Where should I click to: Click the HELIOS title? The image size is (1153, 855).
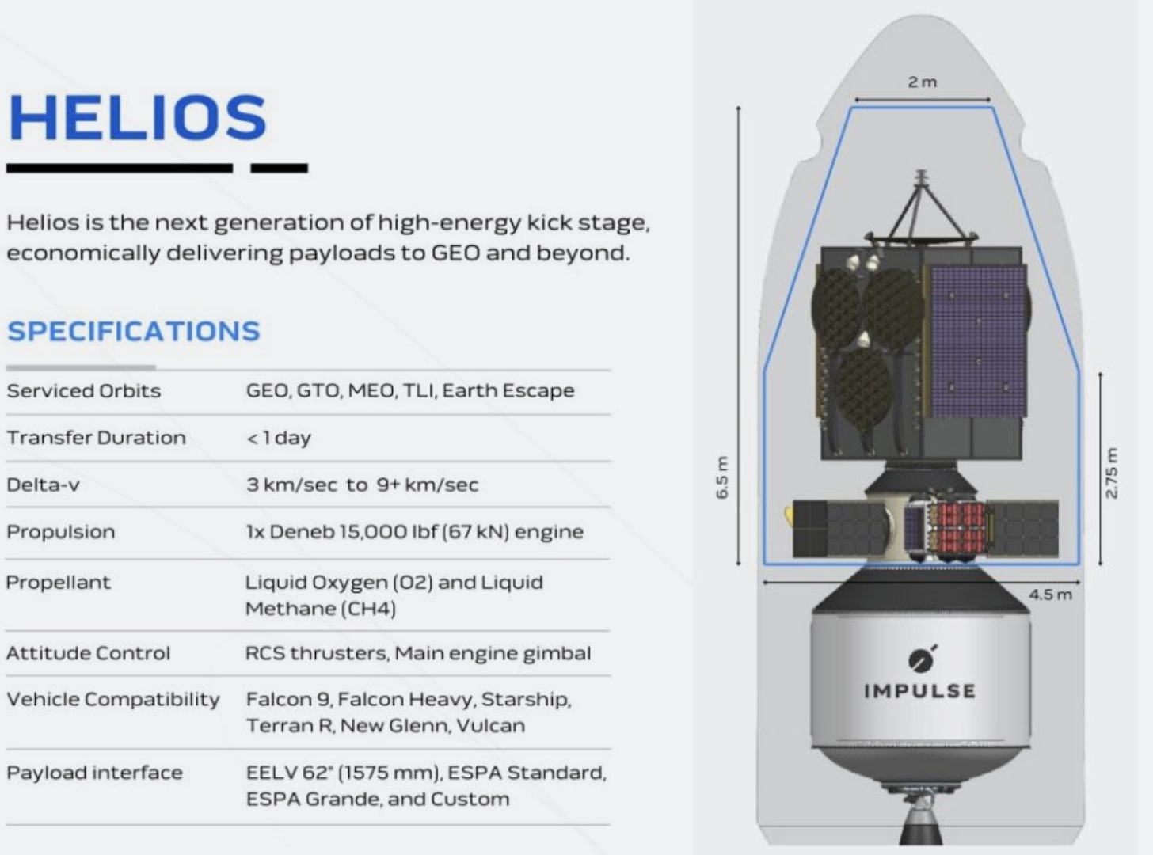[x=137, y=118]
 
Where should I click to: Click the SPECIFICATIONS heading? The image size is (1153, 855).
[x=133, y=331]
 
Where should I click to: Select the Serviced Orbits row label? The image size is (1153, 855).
[x=83, y=391]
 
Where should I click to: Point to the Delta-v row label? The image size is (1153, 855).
[x=43, y=484]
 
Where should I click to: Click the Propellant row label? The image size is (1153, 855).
[x=58, y=583]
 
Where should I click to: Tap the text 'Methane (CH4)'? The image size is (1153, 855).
[x=320, y=609]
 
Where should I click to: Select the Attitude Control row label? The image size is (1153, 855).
[x=88, y=653]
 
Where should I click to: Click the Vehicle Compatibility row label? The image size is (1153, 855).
[x=112, y=700]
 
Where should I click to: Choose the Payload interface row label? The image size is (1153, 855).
[x=94, y=773]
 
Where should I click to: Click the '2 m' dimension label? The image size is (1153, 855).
[x=922, y=82]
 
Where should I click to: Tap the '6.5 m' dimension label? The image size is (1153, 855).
[x=721, y=477]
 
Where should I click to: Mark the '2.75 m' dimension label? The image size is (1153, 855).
[x=1111, y=473]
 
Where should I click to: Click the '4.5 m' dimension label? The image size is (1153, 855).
[x=1050, y=595]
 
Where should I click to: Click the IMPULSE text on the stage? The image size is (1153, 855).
[x=919, y=691]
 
